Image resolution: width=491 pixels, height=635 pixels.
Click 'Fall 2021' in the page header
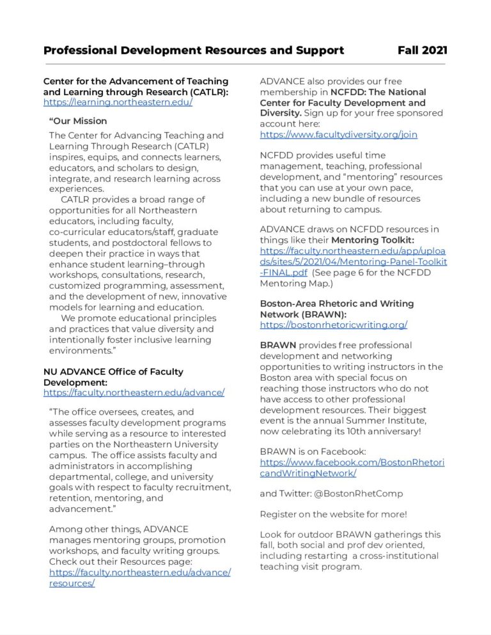pyautogui.click(x=422, y=50)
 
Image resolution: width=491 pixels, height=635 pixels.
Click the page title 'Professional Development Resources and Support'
pyautogui.click(x=194, y=50)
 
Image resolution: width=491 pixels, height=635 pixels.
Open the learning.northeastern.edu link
pyautogui.click(x=118, y=102)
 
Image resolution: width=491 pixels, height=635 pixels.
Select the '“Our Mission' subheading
pyautogui.click(x=78, y=121)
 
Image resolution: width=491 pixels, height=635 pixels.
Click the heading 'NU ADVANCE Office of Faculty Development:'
pyautogui.click(x=113, y=376)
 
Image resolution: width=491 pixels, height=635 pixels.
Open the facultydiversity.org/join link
pyautogui.click(x=338, y=135)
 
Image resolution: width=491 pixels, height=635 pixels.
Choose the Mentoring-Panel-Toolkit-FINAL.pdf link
pyautogui.click(x=353, y=262)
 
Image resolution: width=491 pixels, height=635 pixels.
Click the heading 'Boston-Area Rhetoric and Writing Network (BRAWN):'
pyautogui.click(x=336, y=309)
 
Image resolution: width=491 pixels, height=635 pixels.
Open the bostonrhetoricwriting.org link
pyautogui.click(x=333, y=325)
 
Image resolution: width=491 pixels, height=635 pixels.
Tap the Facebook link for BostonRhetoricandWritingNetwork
pyautogui.click(x=352, y=468)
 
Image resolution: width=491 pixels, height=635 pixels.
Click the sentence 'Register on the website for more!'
pyautogui.click(x=333, y=514)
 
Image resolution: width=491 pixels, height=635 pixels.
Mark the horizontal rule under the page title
pyautogui.click(x=245, y=64)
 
